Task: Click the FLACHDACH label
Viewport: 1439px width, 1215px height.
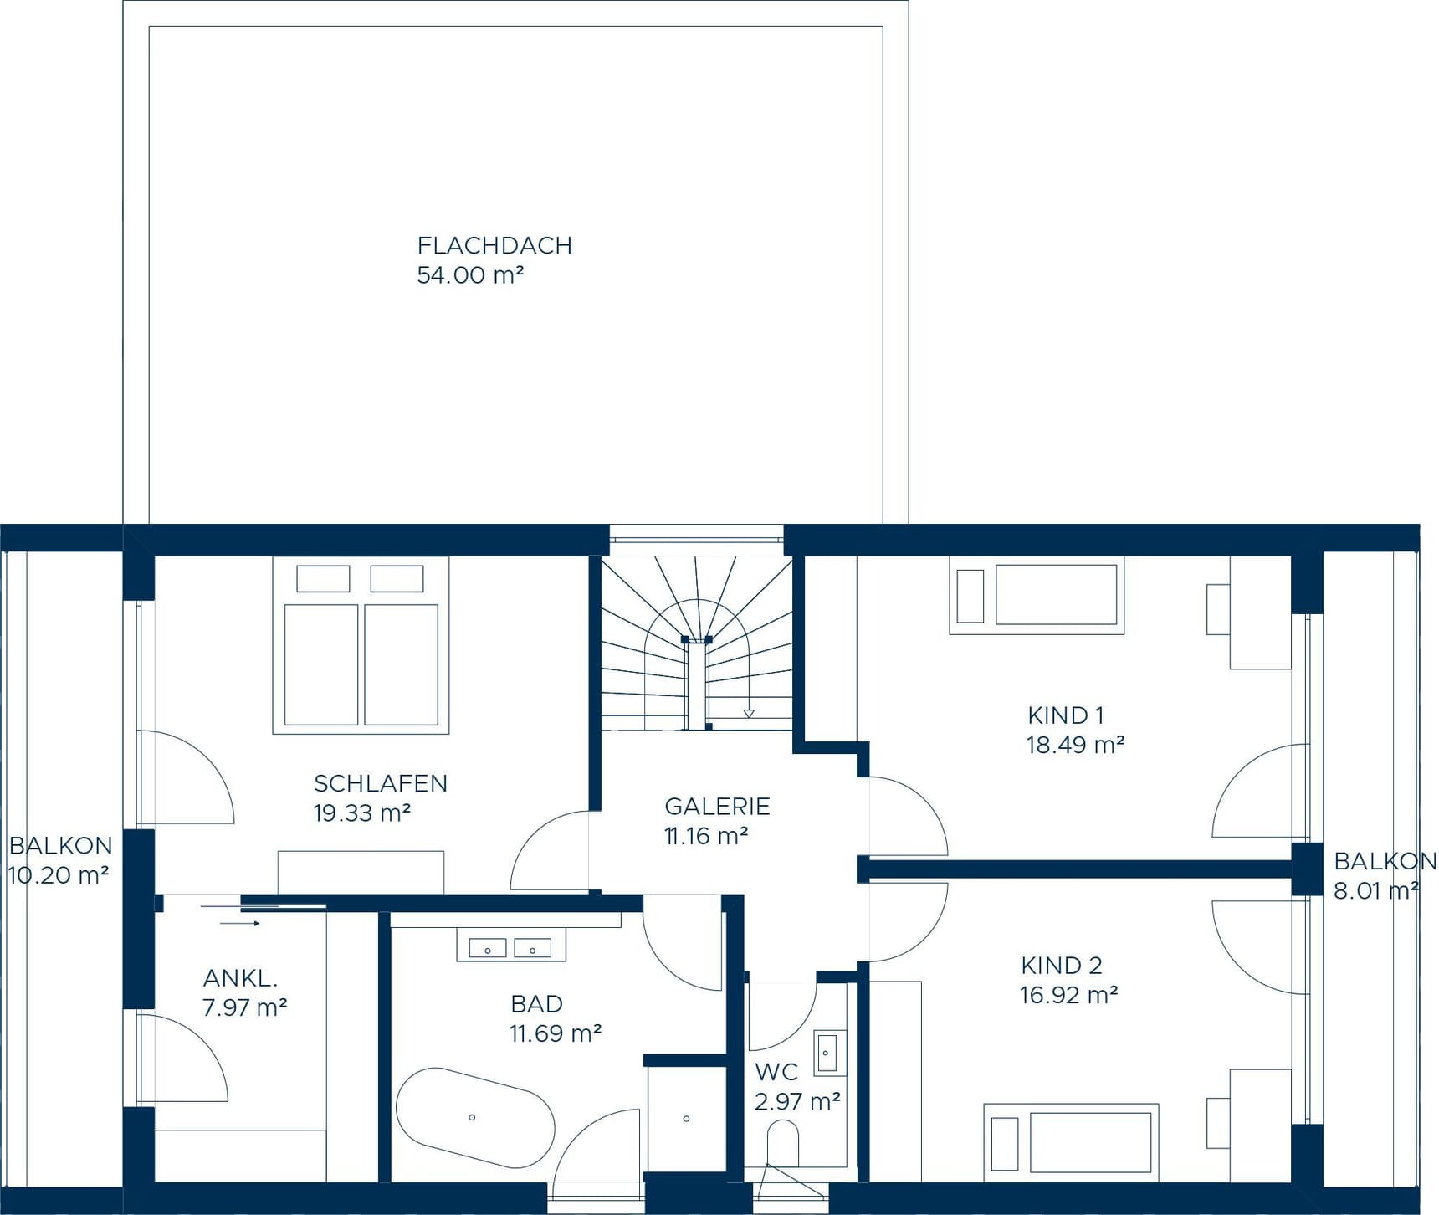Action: pyautogui.click(x=494, y=245)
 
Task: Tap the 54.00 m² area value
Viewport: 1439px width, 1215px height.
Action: pyautogui.click(x=470, y=275)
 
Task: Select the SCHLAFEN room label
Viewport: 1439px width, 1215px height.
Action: pyautogui.click(x=381, y=783)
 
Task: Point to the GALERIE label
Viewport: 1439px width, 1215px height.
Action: pyautogui.click(x=717, y=806)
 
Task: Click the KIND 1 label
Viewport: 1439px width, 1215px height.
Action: pyautogui.click(x=1066, y=715)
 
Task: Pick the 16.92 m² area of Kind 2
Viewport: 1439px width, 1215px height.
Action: pyautogui.click(x=1068, y=995)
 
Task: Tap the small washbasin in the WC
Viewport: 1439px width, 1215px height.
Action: pyautogui.click(x=828, y=1052)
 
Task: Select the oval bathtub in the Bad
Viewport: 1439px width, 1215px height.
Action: pyautogui.click(x=474, y=1118)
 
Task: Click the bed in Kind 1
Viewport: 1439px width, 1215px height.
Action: pyautogui.click(x=1037, y=595)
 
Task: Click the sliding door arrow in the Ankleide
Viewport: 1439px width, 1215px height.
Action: pyautogui.click(x=241, y=924)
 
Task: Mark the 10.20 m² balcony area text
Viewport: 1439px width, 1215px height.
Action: pyautogui.click(x=59, y=876)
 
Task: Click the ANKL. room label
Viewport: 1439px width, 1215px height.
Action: pyautogui.click(x=240, y=977)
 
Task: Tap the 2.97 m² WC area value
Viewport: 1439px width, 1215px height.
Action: pyautogui.click(x=796, y=1102)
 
